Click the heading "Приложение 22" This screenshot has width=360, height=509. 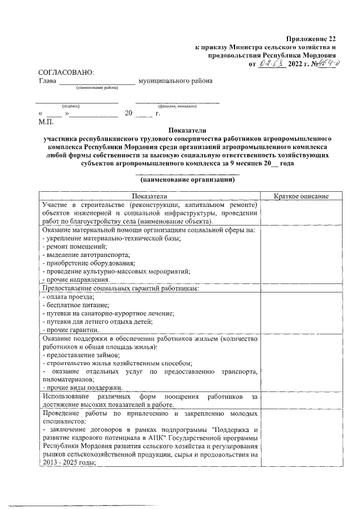310,38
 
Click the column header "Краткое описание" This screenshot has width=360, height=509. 301,196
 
